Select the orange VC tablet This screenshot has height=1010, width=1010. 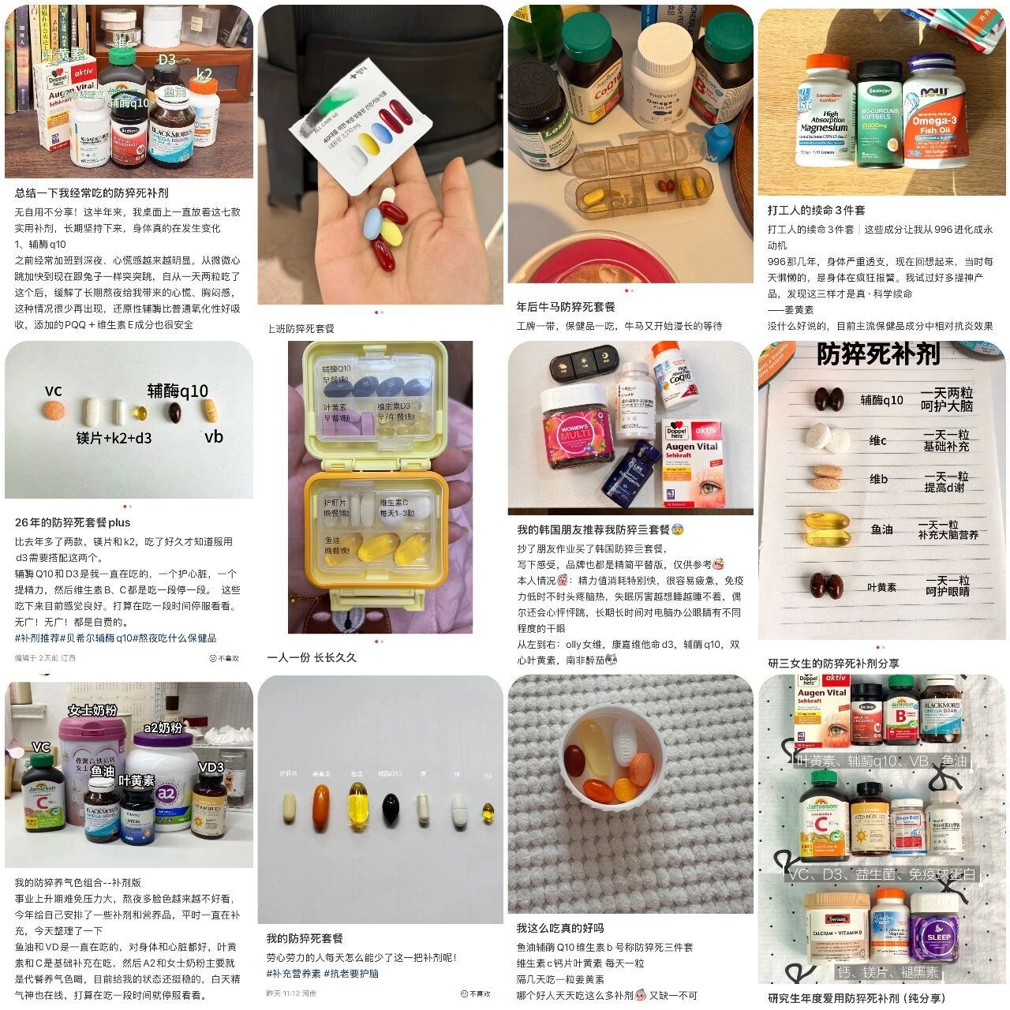[x=54, y=410]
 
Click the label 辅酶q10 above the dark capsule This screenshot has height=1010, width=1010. [x=178, y=391]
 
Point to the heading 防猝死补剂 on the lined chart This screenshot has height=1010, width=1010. [x=877, y=354]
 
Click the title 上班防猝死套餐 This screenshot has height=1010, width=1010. [x=301, y=328]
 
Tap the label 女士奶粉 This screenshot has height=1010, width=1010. [x=92, y=710]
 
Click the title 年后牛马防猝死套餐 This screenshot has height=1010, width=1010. [x=565, y=306]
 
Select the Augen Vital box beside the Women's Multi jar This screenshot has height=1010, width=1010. [x=692, y=462]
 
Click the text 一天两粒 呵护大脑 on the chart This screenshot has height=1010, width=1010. [x=947, y=399]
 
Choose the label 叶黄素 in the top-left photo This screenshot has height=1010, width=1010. [x=63, y=54]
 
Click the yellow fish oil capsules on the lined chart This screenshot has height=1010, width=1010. [x=826, y=529]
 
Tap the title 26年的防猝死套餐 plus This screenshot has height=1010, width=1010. [x=73, y=522]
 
